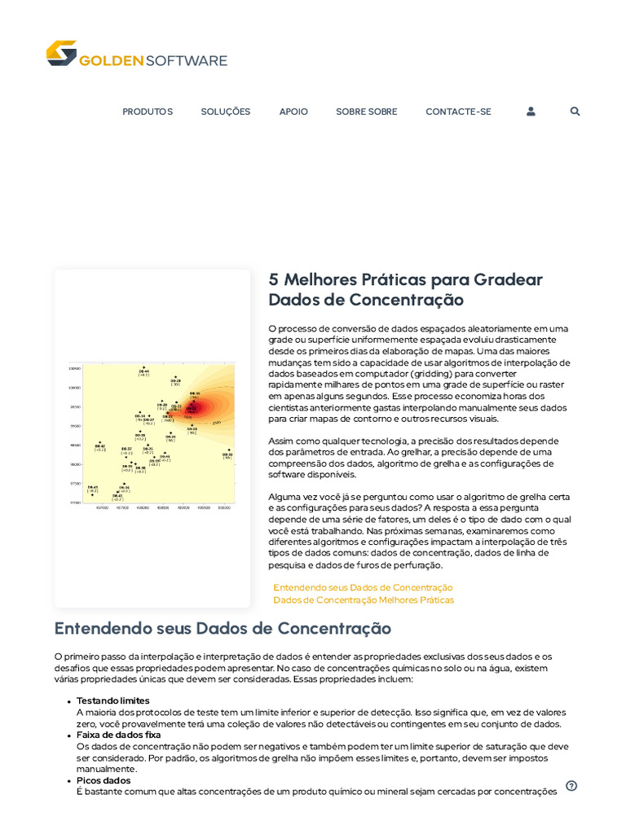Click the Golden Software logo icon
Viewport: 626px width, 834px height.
pos(61,53)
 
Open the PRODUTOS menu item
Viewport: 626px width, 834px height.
pos(148,112)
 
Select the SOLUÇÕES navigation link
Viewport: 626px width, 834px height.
pos(226,112)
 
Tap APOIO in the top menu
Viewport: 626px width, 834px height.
pos(293,112)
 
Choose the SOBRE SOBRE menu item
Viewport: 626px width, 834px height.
pos(367,112)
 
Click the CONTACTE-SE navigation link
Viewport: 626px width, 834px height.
pos(458,112)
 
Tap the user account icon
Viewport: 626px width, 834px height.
pos(531,112)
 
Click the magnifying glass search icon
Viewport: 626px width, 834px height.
pos(575,112)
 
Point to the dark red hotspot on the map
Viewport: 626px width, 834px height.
pos(192,406)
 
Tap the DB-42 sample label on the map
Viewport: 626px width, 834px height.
pos(99,446)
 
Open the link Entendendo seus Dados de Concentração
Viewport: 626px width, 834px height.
pos(363,587)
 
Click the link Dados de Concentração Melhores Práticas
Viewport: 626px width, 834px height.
pos(364,600)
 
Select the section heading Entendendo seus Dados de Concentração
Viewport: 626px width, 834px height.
pos(223,629)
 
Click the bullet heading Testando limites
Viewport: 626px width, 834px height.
pos(113,700)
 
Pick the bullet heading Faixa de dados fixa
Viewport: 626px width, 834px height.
pos(118,735)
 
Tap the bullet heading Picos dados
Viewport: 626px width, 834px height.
pos(104,780)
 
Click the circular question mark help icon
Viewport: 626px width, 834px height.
pos(571,786)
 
